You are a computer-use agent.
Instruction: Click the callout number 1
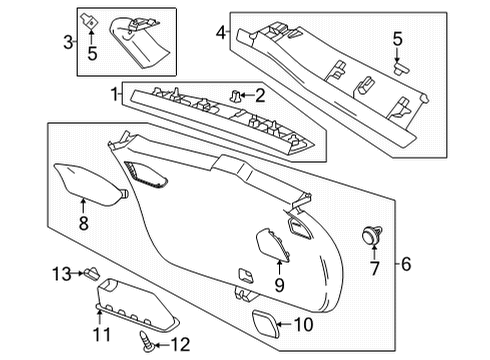(116, 95)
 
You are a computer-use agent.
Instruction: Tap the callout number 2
(260, 95)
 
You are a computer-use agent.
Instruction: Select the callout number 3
(68, 42)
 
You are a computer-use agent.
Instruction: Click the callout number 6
(407, 264)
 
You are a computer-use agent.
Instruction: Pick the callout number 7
(376, 270)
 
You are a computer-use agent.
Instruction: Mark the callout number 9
(279, 286)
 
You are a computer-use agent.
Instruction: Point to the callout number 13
(62, 273)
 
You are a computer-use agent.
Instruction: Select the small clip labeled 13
(90, 272)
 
